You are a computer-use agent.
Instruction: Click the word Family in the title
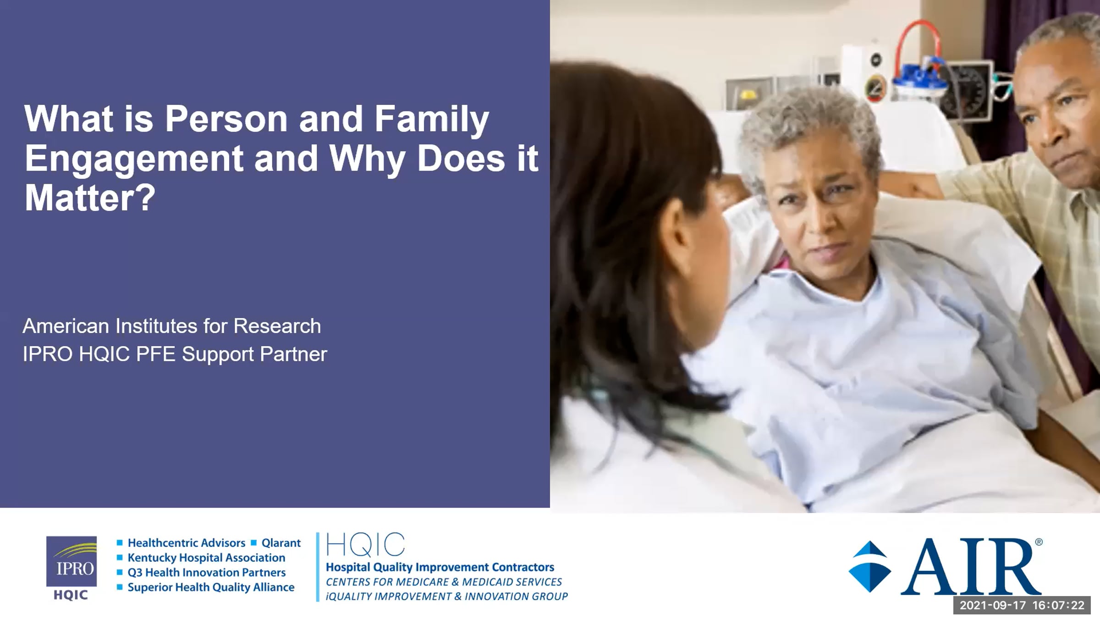432,119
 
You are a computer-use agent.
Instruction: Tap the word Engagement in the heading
134,159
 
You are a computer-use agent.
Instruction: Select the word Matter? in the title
90,198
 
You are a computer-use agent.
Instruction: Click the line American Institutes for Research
172,326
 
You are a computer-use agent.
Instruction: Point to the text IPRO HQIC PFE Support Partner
175,354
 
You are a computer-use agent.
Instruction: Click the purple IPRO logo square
71,561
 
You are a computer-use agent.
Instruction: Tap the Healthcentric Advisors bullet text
187,543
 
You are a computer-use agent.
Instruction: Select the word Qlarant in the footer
281,543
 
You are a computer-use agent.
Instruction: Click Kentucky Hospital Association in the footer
206,558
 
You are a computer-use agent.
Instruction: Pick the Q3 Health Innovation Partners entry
207,572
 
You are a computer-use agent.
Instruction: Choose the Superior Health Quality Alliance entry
211,587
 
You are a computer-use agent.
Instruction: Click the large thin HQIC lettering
365,545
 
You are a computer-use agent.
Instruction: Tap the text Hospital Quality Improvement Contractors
440,567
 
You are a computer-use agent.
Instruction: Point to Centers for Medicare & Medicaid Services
444,582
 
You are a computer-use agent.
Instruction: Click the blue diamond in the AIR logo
870,567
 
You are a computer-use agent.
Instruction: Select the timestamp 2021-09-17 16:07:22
1022,605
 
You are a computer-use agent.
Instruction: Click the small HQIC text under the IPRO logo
71,595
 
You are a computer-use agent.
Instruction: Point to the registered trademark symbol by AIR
1039,542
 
